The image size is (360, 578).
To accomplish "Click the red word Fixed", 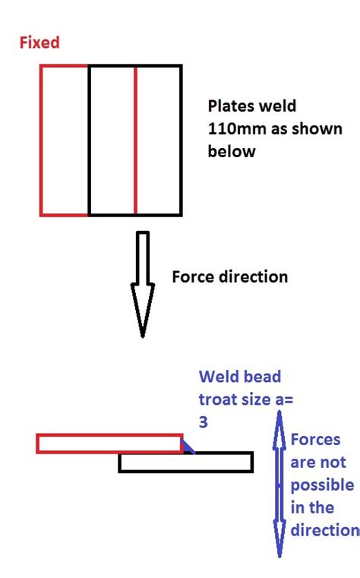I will coord(39,43).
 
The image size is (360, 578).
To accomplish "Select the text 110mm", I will coord(231,129).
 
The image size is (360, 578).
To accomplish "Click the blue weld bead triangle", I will coord(187,447).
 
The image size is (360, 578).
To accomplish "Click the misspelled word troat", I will coord(219,398).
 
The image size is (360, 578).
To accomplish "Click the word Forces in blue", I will coord(316,440).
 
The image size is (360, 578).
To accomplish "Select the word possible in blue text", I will coord(322,484).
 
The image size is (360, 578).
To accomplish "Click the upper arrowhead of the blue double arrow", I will coord(279,422).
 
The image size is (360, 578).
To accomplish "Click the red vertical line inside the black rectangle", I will coord(135,140).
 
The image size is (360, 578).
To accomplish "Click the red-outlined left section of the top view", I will coord(65,140).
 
